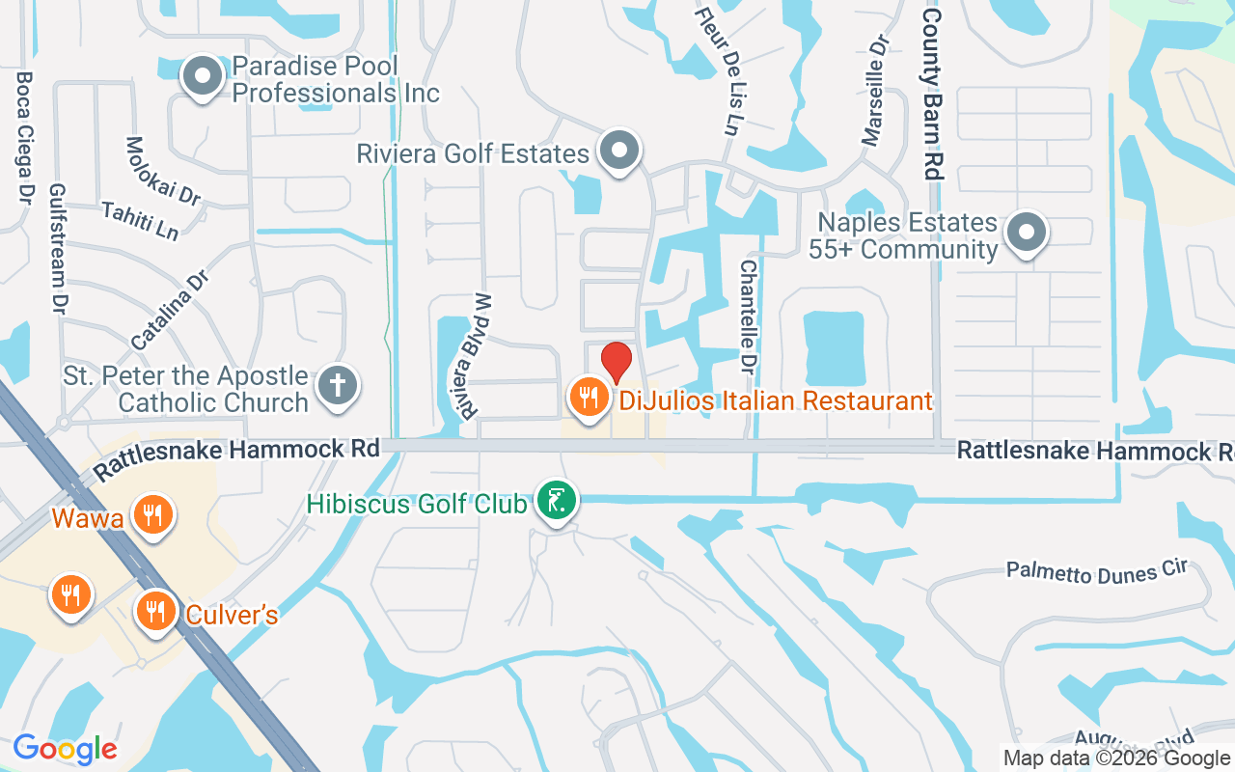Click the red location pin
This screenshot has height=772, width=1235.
(x=617, y=363)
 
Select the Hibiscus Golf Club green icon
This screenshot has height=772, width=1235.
(x=557, y=501)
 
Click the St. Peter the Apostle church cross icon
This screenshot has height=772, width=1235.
(x=338, y=385)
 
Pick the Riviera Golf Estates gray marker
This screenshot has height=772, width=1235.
(x=619, y=151)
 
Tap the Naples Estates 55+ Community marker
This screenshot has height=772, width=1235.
(x=1027, y=233)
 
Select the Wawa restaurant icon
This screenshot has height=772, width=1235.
(x=151, y=513)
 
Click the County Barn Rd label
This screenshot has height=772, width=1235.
(x=932, y=94)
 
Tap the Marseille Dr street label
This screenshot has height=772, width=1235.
(x=875, y=92)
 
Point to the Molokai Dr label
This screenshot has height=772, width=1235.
(x=163, y=171)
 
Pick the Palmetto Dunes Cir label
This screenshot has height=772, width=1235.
(x=1096, y=571)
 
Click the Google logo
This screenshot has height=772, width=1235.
(x=65, y=748)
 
